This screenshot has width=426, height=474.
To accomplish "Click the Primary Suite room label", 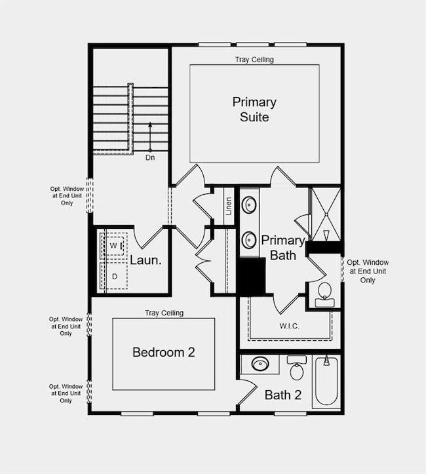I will pyautogui.click(x=254, y=109).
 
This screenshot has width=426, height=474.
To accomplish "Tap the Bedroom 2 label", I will pyautogui.click(x=164, y=352).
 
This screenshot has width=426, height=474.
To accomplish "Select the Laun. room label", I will pyautogui.click(x=145, y=260).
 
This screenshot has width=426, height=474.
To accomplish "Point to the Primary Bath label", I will pyautogui.click(x=283, y=247).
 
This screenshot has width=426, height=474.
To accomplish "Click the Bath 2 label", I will pyautogui.click(x=283, y=395).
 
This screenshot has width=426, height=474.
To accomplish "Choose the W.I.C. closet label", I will pyautogui.click(x=289, y=326).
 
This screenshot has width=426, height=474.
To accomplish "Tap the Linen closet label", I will pyautogui.click(x=228, y=205).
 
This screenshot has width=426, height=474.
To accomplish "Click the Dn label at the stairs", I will pyautogui.click(x=150, y=158).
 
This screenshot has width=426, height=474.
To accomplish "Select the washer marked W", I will pyautogui.click(x=115, y=245).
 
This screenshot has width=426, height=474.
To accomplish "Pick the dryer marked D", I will pyautogui.click(x=115, y=277).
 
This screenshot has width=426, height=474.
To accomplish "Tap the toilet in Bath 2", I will pyautogui.click(x=297, y=368).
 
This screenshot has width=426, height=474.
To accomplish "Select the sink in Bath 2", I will pyautogui.click(x=260, y=363).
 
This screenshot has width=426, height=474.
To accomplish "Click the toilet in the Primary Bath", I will pyautogui.click(x=324, y=293).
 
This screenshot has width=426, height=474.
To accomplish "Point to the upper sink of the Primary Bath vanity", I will pyautogui.click(x=250, y=205).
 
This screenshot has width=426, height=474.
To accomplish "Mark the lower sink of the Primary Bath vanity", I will pyautogui.click(x=250, y=240).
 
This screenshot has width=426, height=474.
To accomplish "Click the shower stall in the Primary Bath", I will pyautogui.click(x=325, y=214).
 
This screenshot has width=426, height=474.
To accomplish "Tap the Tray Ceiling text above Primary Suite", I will pyautogui.click(x=254, y=60).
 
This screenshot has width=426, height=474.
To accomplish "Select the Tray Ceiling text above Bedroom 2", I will pyautogui.click(x=164, y=313).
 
